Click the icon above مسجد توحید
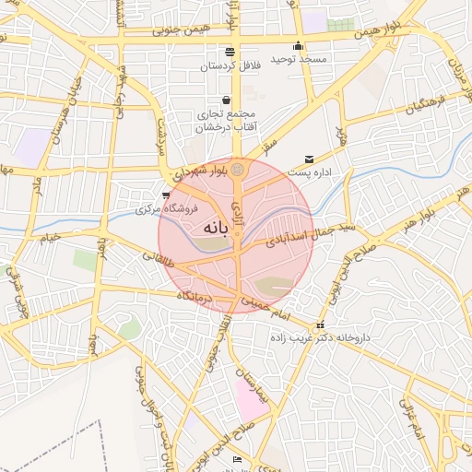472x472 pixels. click(298, 47)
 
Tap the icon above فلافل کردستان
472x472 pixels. click(230, 52)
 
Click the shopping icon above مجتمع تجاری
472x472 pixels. click(227, 100)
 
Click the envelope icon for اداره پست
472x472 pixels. click(309, 159)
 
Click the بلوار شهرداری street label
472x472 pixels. click(197, 172)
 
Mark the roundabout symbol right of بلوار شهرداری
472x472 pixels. click(239, 170)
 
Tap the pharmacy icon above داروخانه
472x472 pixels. click(320, 325)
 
